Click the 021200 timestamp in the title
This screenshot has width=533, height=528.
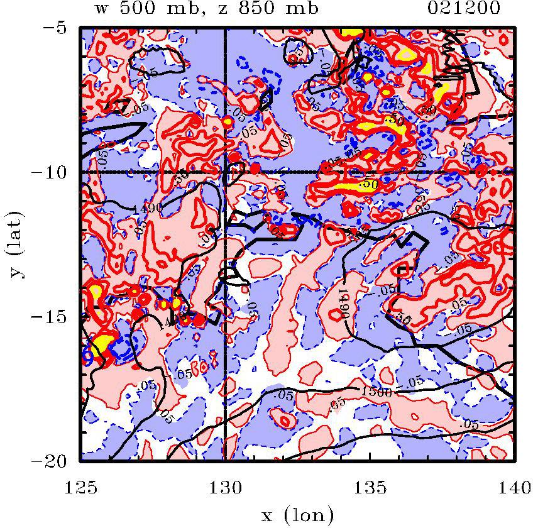pos(466,8)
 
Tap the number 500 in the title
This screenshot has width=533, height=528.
pos(129,8)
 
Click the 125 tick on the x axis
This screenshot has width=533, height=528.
pos(81,486)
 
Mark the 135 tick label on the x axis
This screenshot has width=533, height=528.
pos(370,486)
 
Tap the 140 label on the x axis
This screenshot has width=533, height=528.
pos(514,486)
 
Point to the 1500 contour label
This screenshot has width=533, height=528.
pos(376,392)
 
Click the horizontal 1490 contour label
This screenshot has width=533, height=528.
pos(148,208)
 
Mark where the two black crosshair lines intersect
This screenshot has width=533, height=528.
pos(225,172)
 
